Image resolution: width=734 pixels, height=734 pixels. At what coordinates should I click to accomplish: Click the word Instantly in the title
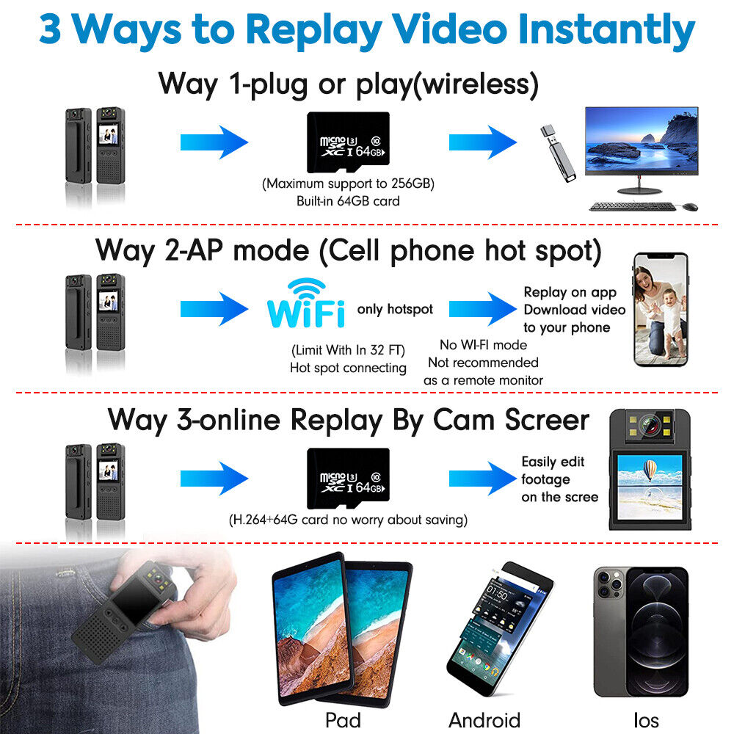coord(606,31)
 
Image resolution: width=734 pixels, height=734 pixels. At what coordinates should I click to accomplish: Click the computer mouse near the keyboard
coord(689,207)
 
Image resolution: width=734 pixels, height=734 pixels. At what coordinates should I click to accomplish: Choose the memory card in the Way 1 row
coord(347,142)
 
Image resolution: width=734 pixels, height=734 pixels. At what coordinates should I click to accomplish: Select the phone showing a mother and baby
coord(661,309)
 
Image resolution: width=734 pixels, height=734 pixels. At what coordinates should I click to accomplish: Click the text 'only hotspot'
coord(395,309)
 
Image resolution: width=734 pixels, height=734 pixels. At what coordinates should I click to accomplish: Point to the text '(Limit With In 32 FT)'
coord(348,349)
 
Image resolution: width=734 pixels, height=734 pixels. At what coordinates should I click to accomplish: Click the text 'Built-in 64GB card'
coord(348,200)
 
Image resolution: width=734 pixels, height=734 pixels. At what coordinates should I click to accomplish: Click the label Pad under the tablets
coord(343,719)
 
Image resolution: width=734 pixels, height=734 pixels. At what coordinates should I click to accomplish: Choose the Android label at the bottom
coord(484,719)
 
